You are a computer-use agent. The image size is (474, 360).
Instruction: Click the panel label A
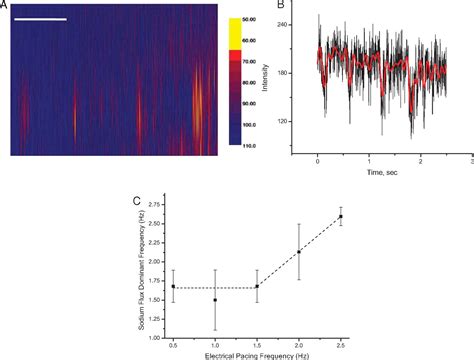5,6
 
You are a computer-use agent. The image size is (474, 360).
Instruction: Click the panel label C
137,199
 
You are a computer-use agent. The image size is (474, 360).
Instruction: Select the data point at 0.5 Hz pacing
174,287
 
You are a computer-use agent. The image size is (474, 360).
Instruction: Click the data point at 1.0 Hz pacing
215,300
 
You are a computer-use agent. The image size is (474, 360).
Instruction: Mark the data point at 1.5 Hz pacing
257,287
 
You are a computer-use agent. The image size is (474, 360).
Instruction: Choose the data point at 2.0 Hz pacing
299,251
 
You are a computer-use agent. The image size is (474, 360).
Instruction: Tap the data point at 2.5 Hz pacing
341,216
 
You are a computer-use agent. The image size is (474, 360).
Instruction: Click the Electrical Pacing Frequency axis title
258,355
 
